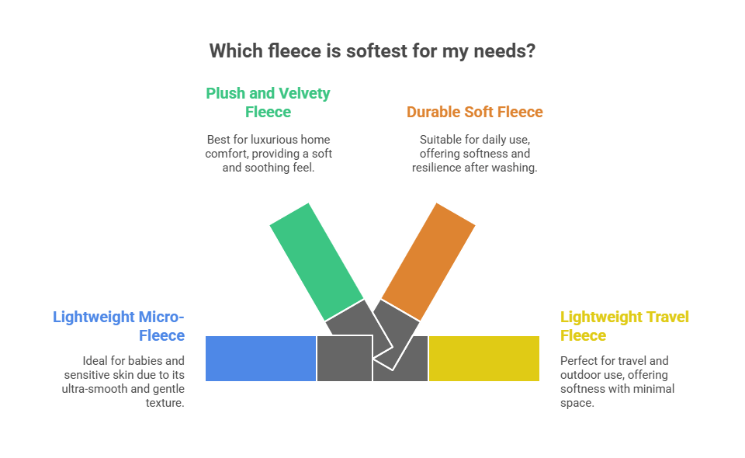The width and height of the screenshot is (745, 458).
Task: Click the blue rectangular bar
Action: pyautogui.click(x=260, y=359)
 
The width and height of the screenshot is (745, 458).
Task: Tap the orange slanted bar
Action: pyautogui.click(x=428, y=261)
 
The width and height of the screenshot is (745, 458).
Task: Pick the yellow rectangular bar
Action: pyautogui.click(x=484, y=359)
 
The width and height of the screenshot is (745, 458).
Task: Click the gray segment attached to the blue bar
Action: pyautogui.click(x=344, y=359)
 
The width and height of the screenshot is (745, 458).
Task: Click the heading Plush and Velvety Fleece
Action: pyautogui.click(x=268, y=102)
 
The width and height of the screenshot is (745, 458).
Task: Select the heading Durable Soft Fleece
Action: pyautogui.click(x=475, y=112)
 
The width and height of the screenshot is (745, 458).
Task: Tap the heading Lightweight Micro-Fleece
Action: pyautogui.click(x=119, y=326)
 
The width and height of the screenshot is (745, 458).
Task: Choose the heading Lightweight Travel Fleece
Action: pyautogui.click(x=625, y=326)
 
